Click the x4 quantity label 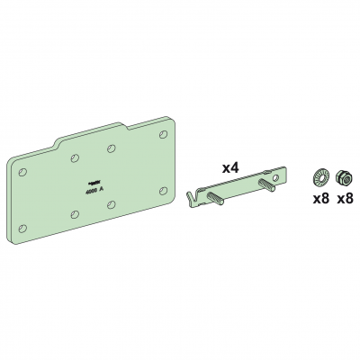coord(230,168)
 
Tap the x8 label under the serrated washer coord(321,199)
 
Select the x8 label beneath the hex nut coord(345,199)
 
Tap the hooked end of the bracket coord(191,196)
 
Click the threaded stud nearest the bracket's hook coord(215,198)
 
